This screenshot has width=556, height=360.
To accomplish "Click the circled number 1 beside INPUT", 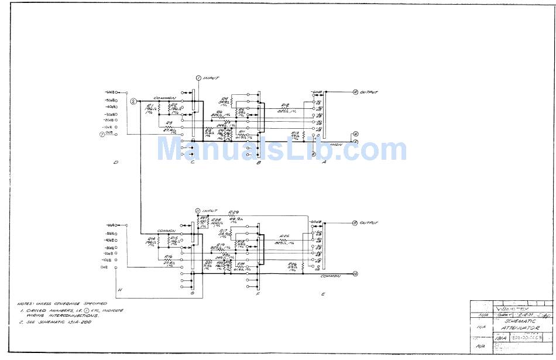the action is [x=198, y=78].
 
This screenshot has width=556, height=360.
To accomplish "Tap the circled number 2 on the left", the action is [x=133, y=101].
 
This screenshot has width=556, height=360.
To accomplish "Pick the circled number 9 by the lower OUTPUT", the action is [x=355, y=223].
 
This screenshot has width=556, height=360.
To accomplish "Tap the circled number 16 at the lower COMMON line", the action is [x=355, y=273].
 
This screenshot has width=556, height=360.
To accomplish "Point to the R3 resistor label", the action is [x=169, y=122].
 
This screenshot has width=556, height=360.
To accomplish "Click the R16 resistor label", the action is [x=168, y=256].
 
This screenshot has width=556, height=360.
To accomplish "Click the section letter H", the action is [x=119, y=290].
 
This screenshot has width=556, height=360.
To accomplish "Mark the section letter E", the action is [x=322, y=294].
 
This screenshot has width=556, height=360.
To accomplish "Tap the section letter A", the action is [x=324, y=163].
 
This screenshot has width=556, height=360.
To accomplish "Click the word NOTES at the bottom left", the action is [x=25, y=304].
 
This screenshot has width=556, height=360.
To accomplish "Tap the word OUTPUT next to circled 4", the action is [x=369, y=92].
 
